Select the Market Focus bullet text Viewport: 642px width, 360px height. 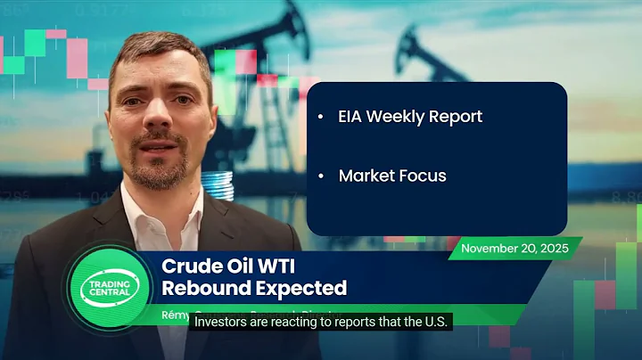(x=392, y=176)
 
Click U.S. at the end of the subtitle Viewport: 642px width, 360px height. (x=440, y=321)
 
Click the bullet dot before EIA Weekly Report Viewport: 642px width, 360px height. (x=321, y=118)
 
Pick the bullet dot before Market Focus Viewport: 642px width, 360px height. (x=321, y=176)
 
